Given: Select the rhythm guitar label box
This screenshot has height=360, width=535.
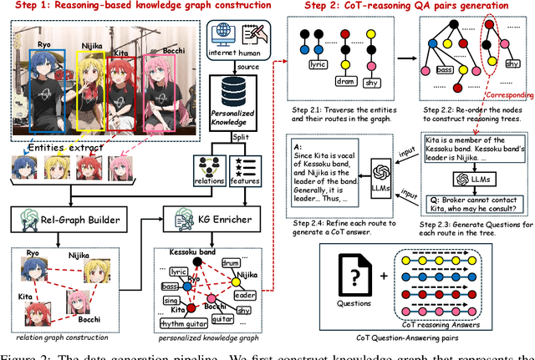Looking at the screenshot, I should [x=176, y=324].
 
